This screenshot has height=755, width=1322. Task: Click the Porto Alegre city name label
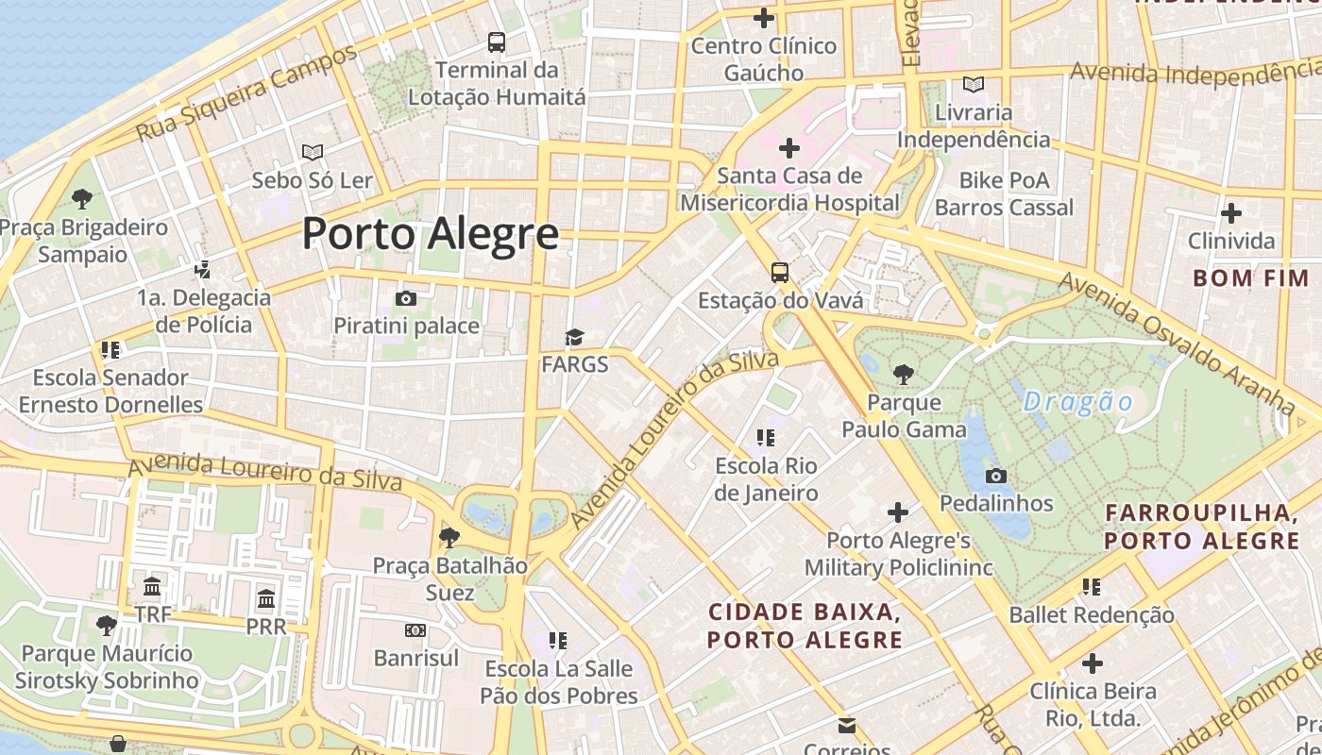point(430,233)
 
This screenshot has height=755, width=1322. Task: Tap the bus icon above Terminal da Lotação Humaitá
point(497,42)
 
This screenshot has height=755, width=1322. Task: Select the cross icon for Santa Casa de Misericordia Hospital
point(788,148)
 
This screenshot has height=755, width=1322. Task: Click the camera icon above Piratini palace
point(406,299)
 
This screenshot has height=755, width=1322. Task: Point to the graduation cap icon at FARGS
point(574,338)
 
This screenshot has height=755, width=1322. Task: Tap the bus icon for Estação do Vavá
point(780,273)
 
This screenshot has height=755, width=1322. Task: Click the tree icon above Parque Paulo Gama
point(904,375)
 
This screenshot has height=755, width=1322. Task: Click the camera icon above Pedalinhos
point(995,476)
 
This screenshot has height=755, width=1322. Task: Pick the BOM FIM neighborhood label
point(1250,278)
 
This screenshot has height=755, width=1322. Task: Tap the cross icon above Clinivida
point(1231,213)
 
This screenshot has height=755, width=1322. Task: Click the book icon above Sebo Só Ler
point(313,152)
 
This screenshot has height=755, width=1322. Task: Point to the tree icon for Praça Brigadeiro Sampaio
point(82,199)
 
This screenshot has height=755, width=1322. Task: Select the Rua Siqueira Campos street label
point(247,92)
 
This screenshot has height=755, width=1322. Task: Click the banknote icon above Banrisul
point(415,630)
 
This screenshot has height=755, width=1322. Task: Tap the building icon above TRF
point(152,587)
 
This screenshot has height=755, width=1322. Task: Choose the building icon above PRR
point(266,598)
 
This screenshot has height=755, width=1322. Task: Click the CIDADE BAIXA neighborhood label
point(805,626)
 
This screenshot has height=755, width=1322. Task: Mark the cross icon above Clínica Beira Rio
point(1093,663)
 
